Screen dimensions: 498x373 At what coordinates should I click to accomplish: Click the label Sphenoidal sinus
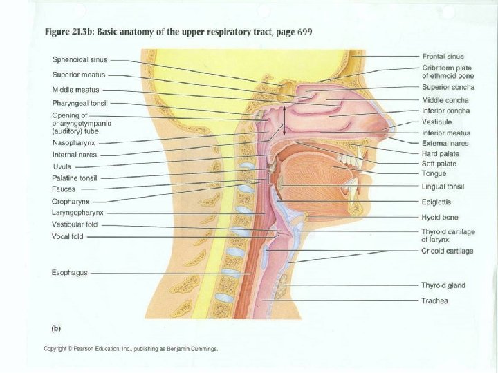pos(80,59)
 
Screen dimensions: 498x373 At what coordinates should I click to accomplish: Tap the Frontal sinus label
pos(443,56)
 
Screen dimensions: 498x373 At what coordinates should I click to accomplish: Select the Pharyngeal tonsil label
pos(80,103)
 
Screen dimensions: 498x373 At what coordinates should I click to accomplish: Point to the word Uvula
pos(62,166)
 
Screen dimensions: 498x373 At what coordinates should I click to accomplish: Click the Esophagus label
pos(70,273)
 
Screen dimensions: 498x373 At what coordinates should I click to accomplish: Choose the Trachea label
pos(435,300)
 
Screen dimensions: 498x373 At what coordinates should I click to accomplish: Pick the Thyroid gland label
pos(443,285)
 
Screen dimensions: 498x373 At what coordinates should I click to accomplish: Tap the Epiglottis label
pos(437,202)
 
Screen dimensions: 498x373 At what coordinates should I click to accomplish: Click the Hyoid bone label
pos(439,217)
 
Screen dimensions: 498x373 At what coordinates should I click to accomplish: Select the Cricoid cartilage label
pos(448,251)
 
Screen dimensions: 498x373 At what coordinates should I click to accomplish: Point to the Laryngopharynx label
pos(78,213)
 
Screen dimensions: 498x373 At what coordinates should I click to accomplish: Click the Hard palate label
pos(439,153)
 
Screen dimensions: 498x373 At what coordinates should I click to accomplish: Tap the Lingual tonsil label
pos(443,186)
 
